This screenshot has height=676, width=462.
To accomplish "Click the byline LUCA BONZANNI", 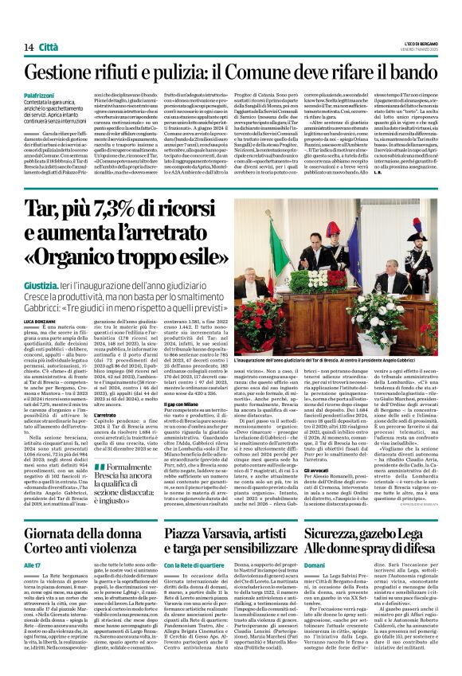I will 43,319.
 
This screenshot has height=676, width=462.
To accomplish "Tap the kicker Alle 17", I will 32,565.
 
